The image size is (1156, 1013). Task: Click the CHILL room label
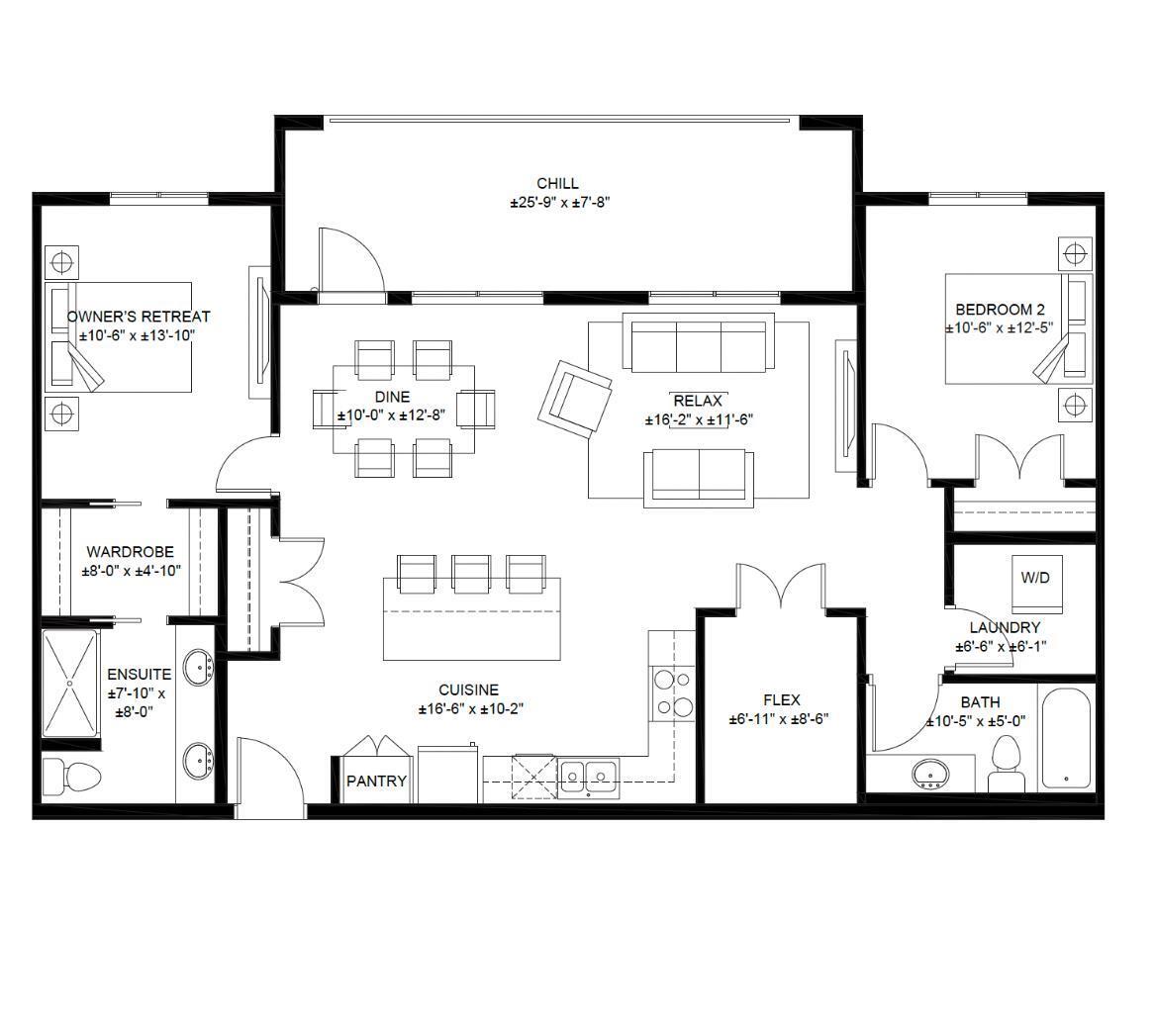[557, 184]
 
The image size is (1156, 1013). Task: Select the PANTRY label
[376, 781]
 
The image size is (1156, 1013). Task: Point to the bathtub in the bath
[1066, 737]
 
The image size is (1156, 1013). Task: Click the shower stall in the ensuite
[70, 684]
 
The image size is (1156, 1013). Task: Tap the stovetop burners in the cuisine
[672, 691]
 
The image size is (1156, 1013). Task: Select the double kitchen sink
[588, 773]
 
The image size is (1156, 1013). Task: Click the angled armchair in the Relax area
[575, 398]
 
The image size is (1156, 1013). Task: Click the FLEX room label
[781, 699]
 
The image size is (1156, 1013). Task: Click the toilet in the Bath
[1007, 764]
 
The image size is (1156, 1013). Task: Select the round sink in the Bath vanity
[930, 773]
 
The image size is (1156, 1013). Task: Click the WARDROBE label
[130, 552]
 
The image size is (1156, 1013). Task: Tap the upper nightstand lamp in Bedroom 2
[1075, 253]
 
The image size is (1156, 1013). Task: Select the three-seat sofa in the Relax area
[698, 345]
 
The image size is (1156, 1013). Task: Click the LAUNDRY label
[1004, 627]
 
